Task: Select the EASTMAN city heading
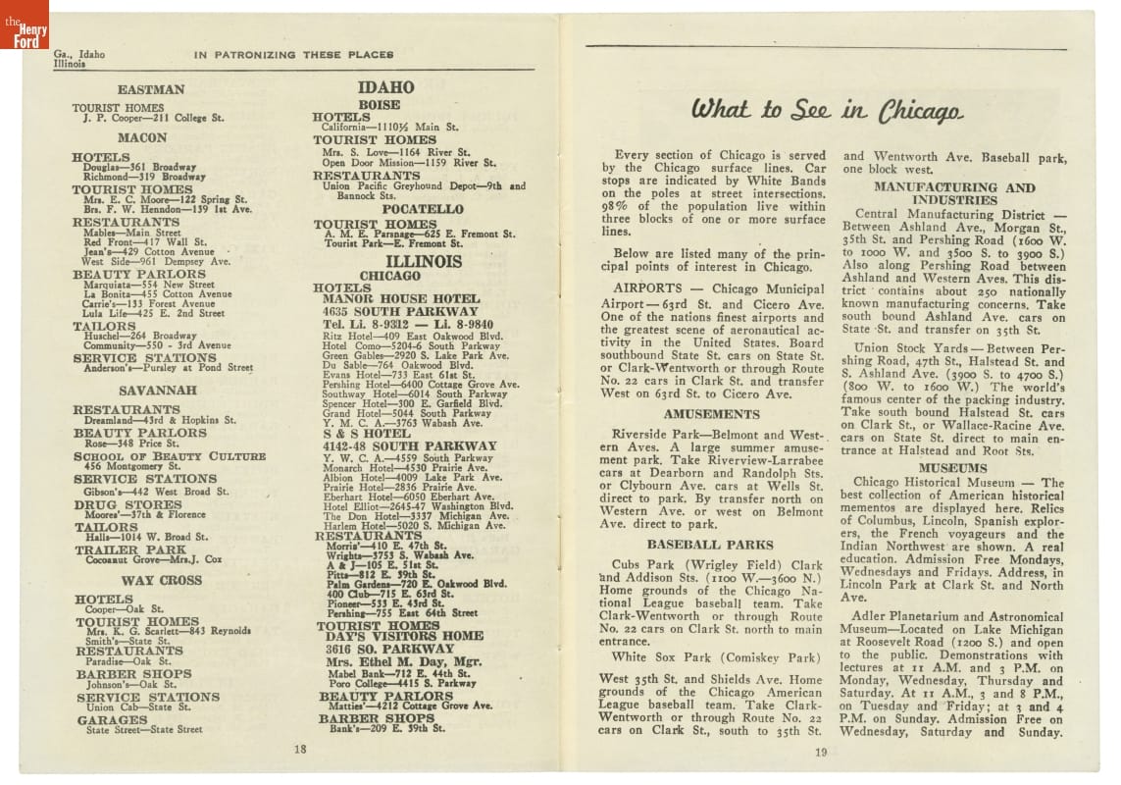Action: pos(151,89)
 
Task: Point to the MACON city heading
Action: pos(143,138)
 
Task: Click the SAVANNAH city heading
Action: pos(151,390)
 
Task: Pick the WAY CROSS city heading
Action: pos(148,580)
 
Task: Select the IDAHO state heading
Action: pos(385,87)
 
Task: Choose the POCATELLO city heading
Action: pos(423,209)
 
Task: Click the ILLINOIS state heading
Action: pos(424,262)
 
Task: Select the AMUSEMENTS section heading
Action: pos(711,414)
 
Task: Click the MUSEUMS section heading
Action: pos(952,468)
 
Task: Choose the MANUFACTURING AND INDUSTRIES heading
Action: pos(953,193)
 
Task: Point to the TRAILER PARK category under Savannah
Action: pos(117,549)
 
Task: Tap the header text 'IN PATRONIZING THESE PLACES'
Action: pos(293,55)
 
